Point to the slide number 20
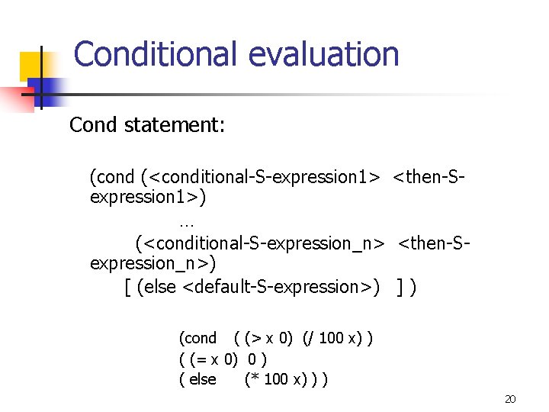click(x=510, y=399)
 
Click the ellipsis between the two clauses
click(x=187, y=223)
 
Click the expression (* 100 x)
click(x=277, y=379)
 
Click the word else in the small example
click(x=202, y=379)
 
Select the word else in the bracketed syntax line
click(x=159, y=287)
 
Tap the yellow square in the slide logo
click(x=31, y=66)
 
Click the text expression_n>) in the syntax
click(x=153, y=264)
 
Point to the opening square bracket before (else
click(x=127, y=287)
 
